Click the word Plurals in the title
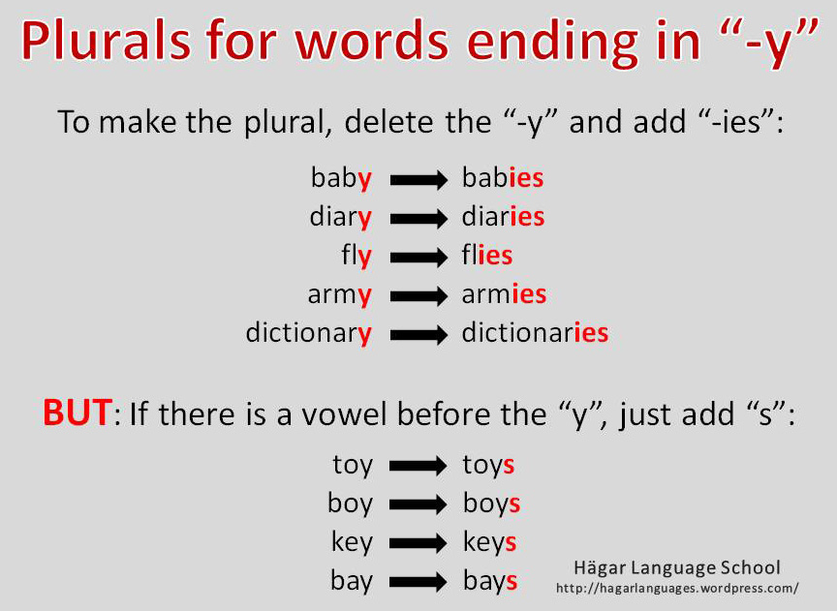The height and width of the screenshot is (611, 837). tap(107, 42)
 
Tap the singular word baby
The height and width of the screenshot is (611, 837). tap(341, 178)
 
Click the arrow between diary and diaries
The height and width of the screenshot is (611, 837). tap(418, 219)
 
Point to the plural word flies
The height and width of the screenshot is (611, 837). tap(487, 255)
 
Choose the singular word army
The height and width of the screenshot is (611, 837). tap(339, 295)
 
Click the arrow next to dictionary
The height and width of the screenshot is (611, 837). tap(418, 335)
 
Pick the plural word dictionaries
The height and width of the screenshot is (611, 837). tap(535, 332)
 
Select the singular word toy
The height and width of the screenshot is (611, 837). tap(353, 466)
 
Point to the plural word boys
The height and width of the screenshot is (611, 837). tap(491, 504)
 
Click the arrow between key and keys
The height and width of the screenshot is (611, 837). tap(418, 544)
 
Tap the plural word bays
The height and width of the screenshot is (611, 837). tap(490, 581)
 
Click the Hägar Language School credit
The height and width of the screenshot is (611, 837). tap(677, 567)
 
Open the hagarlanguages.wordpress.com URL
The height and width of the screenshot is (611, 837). tap(677, 588)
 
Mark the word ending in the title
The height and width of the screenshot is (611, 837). tap(552, 44)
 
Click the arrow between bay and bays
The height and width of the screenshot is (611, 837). tap(418, 582)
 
